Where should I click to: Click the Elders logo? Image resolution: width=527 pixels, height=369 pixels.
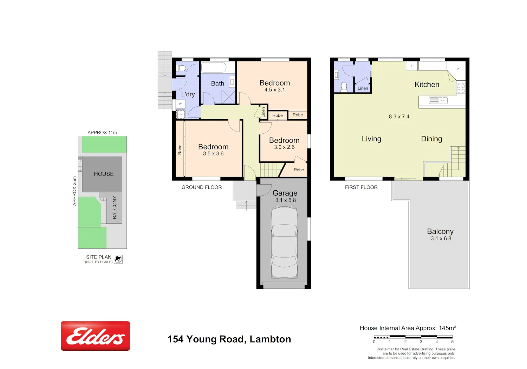(95, 336)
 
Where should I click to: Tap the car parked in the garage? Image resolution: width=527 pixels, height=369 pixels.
(285, 242)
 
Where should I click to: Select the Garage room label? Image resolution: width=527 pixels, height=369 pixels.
(285, 193)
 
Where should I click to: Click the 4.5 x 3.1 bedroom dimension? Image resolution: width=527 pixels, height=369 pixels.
(274, 90)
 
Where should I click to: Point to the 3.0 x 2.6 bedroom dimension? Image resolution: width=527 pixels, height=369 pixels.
(284, 147)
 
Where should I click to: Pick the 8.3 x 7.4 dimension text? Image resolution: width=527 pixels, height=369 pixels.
(399, 116)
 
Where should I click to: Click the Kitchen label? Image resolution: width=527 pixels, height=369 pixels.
(427, 84)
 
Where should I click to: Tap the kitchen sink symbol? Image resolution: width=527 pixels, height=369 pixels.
(438, 100)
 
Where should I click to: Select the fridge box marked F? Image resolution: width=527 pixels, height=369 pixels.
(412, 66)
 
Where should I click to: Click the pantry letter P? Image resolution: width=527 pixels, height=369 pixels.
(457, 69)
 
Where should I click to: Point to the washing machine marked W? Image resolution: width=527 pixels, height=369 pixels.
(180, 104)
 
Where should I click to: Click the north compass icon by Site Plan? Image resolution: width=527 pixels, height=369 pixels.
(118, 259)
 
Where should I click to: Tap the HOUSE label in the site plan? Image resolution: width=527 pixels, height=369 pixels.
(104, 174)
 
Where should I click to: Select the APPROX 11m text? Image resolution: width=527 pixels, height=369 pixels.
(102, 133)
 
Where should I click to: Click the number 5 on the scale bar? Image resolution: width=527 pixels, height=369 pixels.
(452, 342)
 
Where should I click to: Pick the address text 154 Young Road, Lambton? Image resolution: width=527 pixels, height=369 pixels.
(229, 339)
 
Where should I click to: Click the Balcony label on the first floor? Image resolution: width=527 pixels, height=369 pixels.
(440, 231)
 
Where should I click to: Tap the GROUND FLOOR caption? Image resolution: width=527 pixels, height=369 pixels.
(202, 187)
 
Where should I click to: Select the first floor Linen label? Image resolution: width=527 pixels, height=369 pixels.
(363, 88)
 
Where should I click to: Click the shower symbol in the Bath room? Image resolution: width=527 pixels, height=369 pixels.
(229, 97)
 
